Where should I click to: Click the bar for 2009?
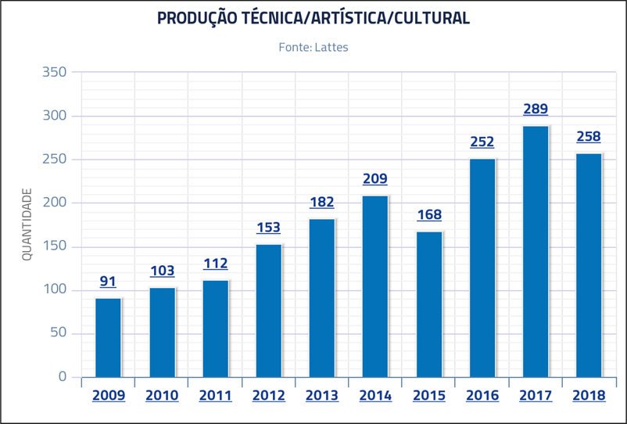pos(109,337)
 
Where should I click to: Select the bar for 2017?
pos(536,251)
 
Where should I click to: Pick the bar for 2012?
pos(269,311)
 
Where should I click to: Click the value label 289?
pos(536,110)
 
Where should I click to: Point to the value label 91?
pos(109,282)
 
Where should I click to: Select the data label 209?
pos(375,179)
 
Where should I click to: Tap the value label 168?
pos(429,214)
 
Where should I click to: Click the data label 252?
pos(482,142)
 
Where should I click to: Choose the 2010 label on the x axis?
pos(162,396)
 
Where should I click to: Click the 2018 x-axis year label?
pos(589,396)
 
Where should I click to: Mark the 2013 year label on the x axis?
pos(322,396)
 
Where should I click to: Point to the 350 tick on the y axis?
pos(56,73)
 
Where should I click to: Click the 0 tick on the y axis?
pos(63,377)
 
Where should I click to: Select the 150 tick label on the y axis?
pos(56,247)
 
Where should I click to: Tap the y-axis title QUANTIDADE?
pos(27,225)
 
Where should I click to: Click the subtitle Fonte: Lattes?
pos(313,48)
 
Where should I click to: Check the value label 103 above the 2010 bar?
pos(162,271)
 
